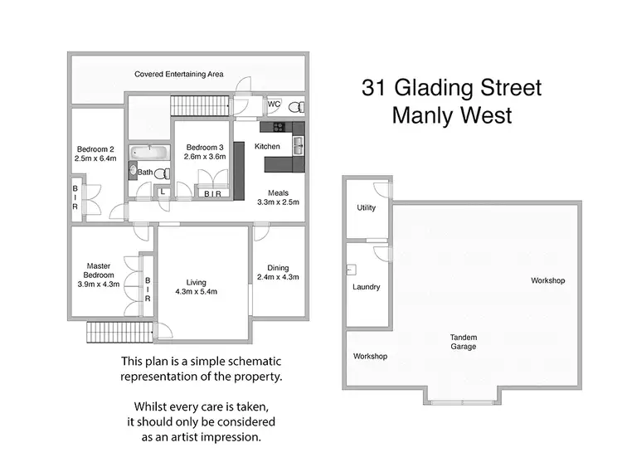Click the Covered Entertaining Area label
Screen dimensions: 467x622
(179, 75)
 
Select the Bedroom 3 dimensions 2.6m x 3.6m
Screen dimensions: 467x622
(205, 157)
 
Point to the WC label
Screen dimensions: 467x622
(274, 105)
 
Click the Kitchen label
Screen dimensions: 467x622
(267, 147)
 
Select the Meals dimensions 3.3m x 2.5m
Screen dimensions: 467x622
(278, 202)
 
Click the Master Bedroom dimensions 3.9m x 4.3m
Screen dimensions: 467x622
(99, 284)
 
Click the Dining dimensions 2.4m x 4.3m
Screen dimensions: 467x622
(278, 278)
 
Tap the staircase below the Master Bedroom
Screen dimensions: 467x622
(120, 332)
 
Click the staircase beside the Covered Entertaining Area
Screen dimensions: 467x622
(199, 106)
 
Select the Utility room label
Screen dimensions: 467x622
(366, 208)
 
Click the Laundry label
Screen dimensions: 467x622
(366, 287)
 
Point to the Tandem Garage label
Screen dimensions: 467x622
(463, 342)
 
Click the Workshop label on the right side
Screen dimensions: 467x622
(547, 281)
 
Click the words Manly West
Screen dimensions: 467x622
(452, 115)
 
